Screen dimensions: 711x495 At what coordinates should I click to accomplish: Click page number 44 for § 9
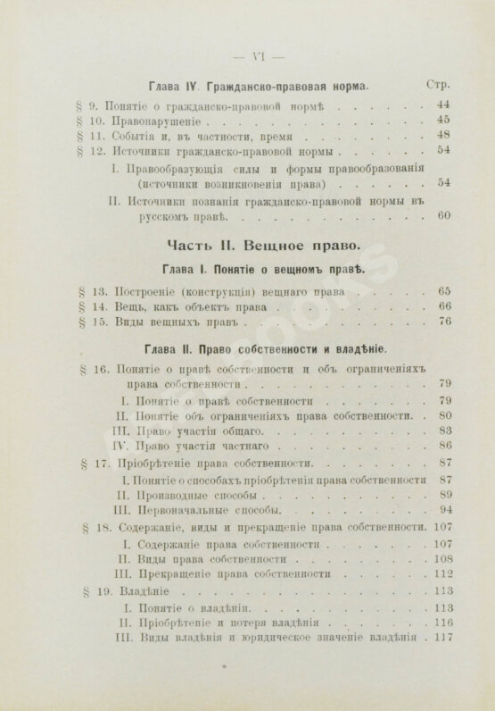pos(443,105)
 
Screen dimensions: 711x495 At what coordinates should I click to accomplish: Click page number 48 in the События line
pos(443,137)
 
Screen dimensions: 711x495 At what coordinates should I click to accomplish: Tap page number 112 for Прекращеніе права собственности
pos(441,575)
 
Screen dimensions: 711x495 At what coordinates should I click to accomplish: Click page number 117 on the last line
pos(441,639)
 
